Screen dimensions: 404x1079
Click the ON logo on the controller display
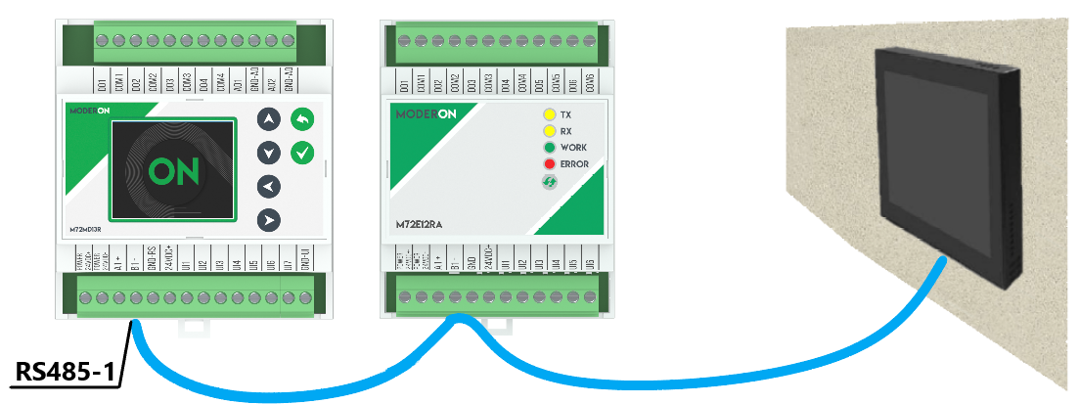174,172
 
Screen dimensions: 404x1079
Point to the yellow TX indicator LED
550,114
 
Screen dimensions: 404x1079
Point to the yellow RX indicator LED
550,131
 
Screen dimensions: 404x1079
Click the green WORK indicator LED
550,148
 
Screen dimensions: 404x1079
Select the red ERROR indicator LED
550,164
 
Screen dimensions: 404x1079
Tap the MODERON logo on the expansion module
426,114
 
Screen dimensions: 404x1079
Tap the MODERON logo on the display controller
89,112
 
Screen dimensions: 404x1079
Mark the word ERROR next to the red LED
575,164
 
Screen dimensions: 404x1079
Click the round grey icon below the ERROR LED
550,182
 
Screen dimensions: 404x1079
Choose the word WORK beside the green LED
574,148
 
